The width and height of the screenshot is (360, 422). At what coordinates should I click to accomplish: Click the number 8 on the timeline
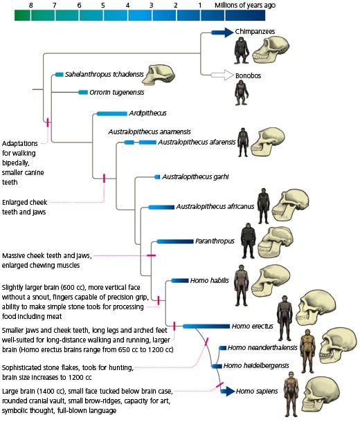coord(30,5)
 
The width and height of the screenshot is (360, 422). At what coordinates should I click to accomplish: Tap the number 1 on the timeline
coord(200,5)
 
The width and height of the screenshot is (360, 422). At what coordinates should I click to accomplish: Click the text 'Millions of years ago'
coord(246,5)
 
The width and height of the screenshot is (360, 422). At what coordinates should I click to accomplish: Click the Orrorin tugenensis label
coord(116,91)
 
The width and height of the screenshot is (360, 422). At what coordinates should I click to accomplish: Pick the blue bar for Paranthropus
coord(174,241)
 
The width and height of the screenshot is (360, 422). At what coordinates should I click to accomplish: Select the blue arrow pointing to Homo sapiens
coord(226,391)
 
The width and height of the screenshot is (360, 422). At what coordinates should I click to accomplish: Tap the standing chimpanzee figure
coord(241,51)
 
